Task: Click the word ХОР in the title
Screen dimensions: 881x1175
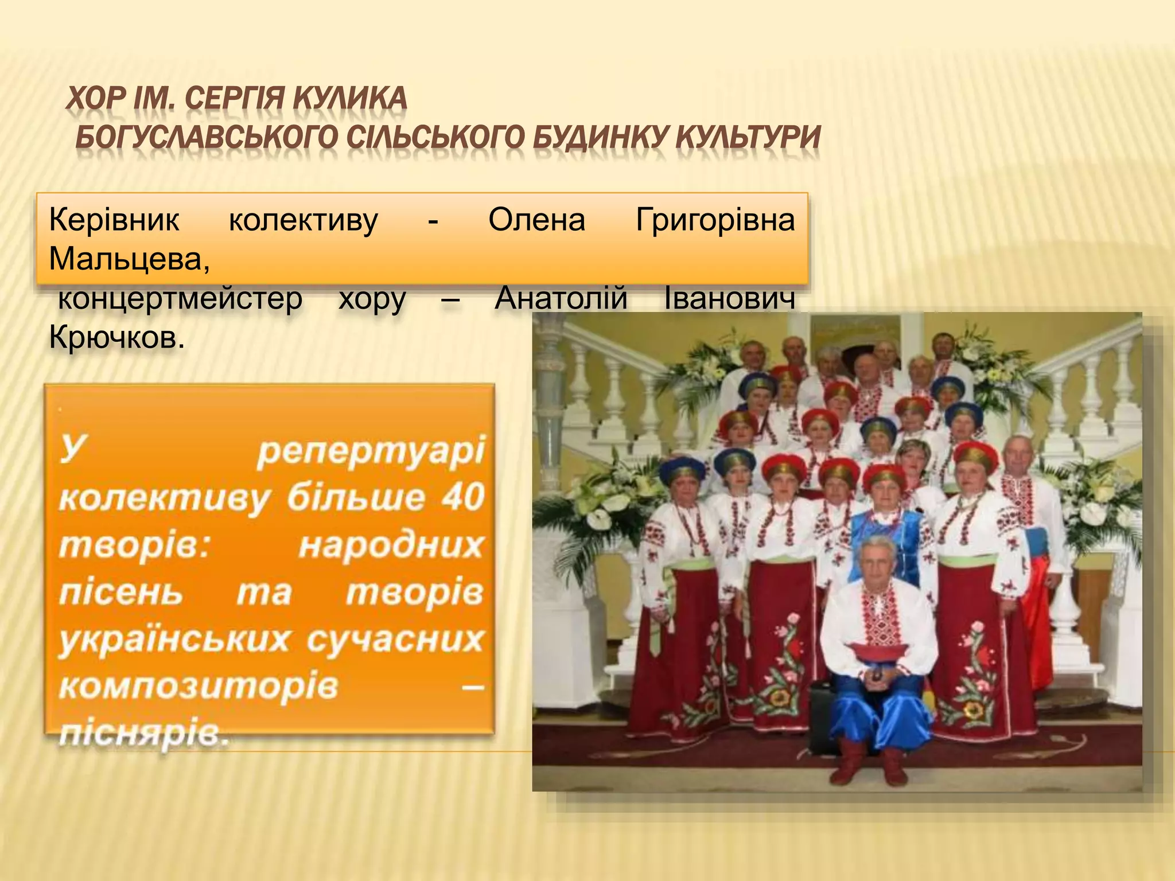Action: (x=96, y=99)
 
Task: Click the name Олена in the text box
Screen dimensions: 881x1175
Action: (x=536, y=220)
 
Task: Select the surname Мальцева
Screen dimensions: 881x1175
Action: (x=129, y=259)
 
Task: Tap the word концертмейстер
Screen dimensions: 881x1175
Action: (x=180, y=299)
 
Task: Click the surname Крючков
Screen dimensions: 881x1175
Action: (x=116, y=338)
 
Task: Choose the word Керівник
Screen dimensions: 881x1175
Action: (x=114, y=220)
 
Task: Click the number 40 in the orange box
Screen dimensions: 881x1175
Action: (x=462, y=497)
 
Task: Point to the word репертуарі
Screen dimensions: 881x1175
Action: (x=371, y=451)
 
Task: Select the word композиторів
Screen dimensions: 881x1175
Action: (x=199, y=686)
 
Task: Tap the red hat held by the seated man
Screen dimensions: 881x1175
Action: (x=878, y=651)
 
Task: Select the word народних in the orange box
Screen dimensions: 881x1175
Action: (x=391, y=545)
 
